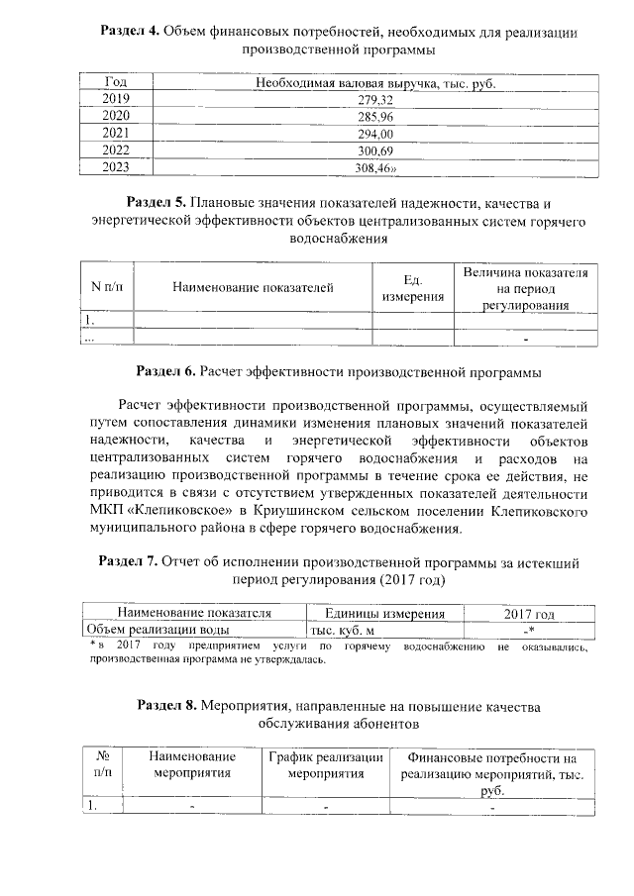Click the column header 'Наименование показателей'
(x=253, y=288)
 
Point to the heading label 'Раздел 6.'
(x=165, y=372)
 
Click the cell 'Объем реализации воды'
(x=158, y=630)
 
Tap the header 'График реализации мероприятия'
(x=326, y=765)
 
